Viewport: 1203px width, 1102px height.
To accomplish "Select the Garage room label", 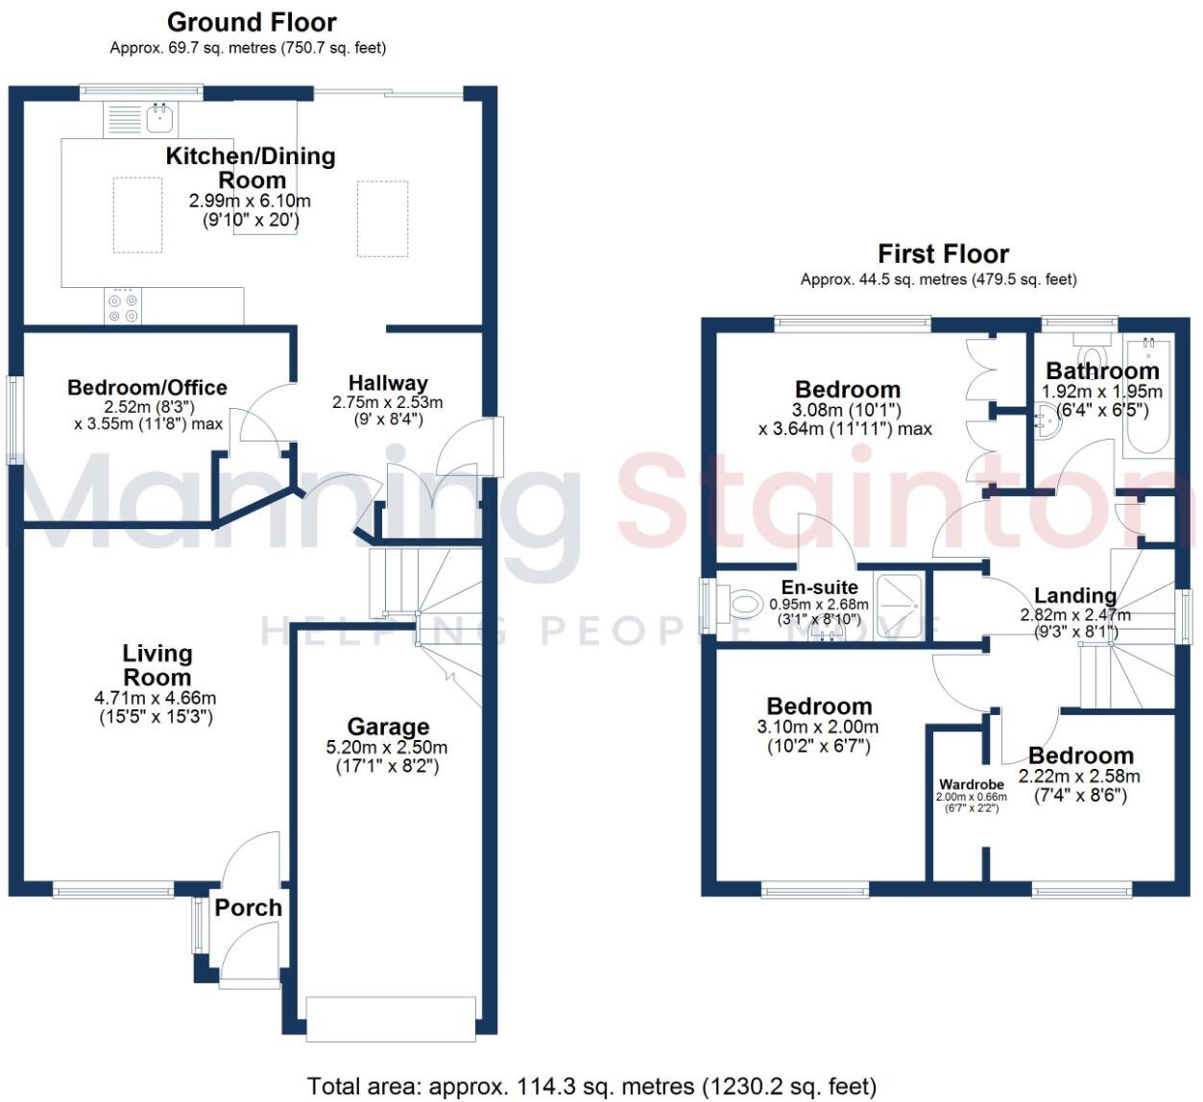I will (x=388, y=728).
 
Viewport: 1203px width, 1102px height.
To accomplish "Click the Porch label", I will (x=248, y=908).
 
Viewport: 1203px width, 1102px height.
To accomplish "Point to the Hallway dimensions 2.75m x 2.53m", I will (x=387, y=402).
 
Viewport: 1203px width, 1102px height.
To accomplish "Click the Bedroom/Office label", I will (x=147, y=388).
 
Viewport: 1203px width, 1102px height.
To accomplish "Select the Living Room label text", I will (x=156, y=665).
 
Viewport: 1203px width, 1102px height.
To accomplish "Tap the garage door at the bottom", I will (x=391, y=1018).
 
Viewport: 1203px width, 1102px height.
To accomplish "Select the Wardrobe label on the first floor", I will (x=972, y=784).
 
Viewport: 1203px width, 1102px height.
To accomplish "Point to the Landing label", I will (x=1075, y=596).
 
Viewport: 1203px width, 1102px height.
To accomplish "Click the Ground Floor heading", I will (x=252, y=22).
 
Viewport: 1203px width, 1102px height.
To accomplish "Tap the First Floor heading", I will (x=943, y=254).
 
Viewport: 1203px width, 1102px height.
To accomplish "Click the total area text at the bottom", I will (x=591, y=1087).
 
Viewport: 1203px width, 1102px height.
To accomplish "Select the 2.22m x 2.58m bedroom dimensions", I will (x=1079, y=777).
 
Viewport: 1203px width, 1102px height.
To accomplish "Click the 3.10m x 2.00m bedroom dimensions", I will (x=817, y=728).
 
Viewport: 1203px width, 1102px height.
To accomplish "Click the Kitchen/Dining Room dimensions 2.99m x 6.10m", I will (x=250, y=202).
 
